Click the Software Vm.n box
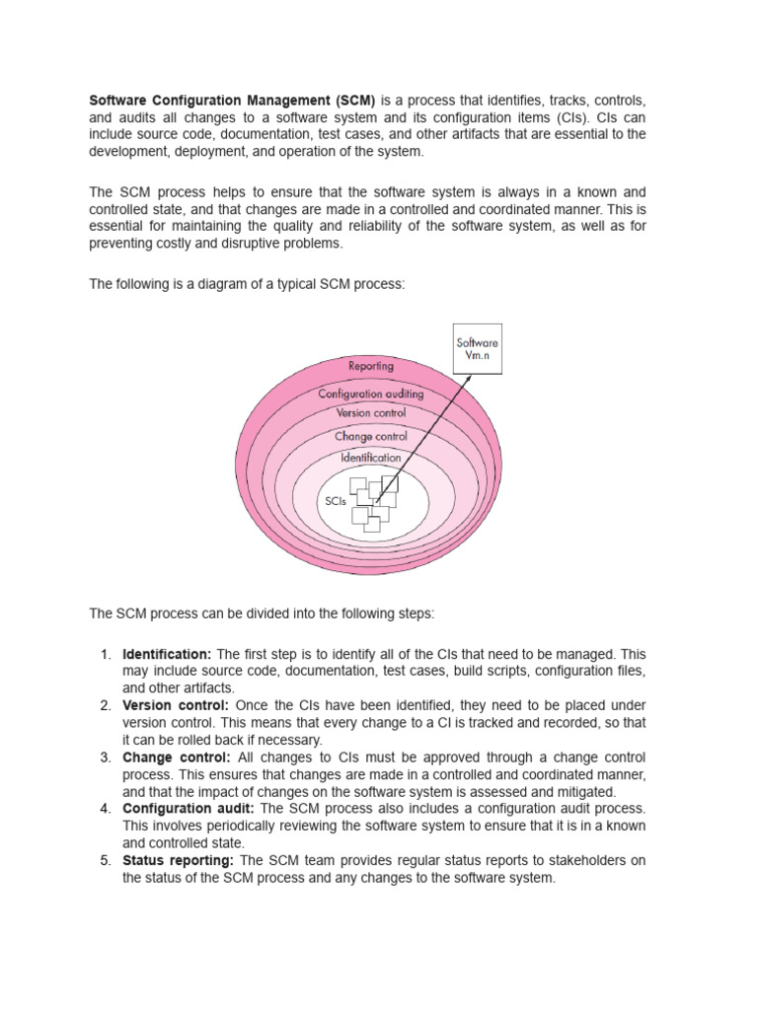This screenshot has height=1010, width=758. pos(477,349)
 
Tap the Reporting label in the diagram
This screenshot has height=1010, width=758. pos(370,366)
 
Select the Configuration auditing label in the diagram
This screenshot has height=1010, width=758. pos(370,393)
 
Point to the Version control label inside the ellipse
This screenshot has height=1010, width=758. pos(370,413)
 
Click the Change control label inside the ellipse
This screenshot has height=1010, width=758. pos(370,436)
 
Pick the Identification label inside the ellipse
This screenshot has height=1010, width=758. pos(370,458)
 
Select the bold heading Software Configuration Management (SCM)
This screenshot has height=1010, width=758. pos(232,101)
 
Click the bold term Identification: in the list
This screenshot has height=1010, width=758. pos(167,654)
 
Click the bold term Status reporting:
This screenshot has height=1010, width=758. pos(178,860)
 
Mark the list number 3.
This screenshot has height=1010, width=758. pos(105,757)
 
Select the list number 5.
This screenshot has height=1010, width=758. pos(105,860)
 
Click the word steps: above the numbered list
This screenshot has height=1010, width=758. pos(414,613)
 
